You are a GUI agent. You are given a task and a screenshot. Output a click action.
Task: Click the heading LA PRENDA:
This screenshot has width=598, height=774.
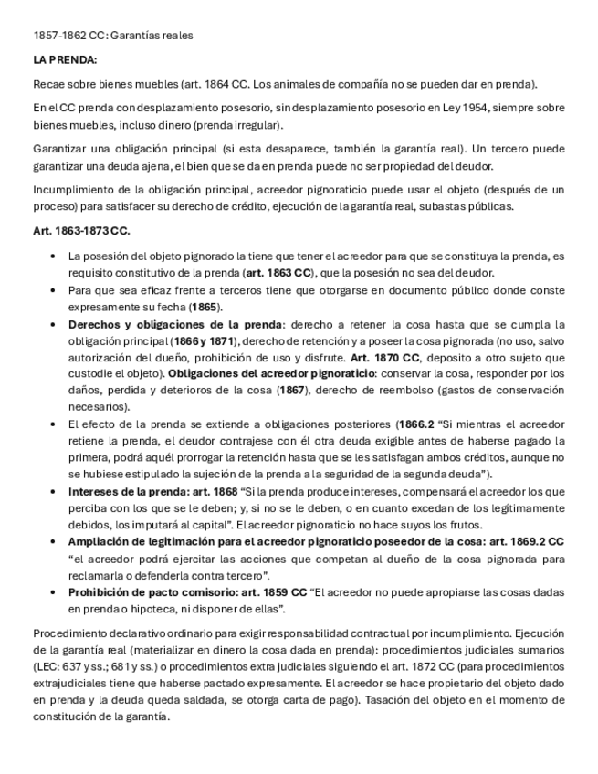(x=65, y=60)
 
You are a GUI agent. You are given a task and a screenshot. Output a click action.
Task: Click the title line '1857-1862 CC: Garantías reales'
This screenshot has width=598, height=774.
(x=112, y=35)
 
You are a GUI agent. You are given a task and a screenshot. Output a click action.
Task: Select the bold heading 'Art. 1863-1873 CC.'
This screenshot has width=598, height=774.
(x=81, y=232)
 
